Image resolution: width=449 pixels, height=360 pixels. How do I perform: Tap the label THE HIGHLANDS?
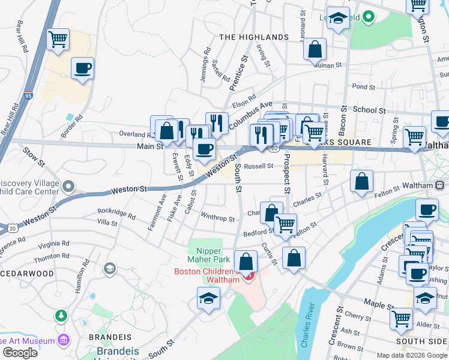tap(254, 37)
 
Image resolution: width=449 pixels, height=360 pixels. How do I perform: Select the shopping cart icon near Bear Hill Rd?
tap(58, 40)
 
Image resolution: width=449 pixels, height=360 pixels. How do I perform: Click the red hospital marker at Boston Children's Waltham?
tap(250, 276)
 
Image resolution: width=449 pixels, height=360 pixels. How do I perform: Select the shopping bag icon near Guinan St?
tap(315, 50)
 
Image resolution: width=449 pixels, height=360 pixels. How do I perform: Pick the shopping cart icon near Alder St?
tap(401, 319)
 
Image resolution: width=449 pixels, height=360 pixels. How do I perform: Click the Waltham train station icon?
tap(440, 185)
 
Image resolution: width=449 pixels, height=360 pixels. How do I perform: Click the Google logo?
tap(20, 353)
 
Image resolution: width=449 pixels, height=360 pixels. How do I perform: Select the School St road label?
tap(369, 110)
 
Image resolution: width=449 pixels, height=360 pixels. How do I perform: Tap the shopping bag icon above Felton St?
tap(361, 181)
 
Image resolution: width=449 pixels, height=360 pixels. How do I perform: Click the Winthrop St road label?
tap(217, 218)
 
